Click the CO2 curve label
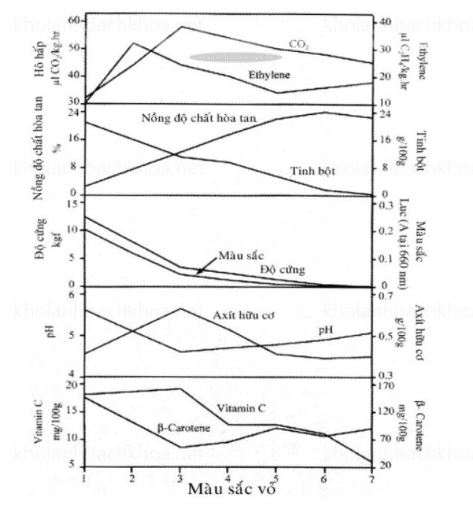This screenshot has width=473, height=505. [x=299, y=44]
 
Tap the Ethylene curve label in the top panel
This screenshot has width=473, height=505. [x=269, y=75]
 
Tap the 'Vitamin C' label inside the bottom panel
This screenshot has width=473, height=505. [x=241, y=408]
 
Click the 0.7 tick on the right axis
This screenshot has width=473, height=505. [x=388, y=296]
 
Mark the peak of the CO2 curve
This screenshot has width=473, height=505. [x=180, y=27]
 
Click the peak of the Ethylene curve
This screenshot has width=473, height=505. [x=132, y=43]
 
